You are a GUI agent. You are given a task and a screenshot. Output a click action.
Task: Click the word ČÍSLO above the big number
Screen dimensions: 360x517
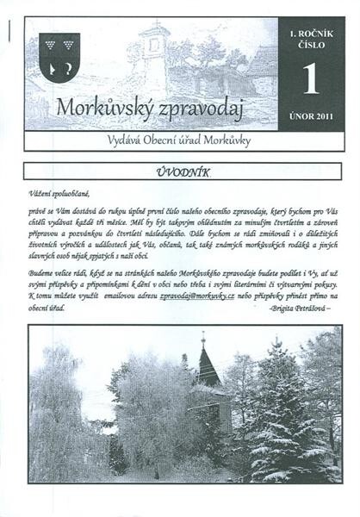click(x=310, y=45)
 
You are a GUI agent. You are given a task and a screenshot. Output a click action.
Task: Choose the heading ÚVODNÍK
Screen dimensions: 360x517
click(x=182, y=172)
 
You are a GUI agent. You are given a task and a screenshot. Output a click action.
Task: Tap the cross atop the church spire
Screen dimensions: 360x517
click(x=204, y=337)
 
